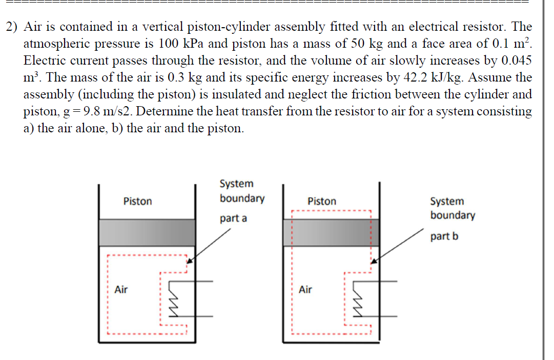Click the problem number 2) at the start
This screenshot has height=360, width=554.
point(13,26)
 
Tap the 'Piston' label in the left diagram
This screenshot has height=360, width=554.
point(137,202)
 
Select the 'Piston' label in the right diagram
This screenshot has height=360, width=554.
point(322,202)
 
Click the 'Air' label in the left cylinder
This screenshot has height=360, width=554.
point(121,290)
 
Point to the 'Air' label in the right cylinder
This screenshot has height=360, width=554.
point(305,290)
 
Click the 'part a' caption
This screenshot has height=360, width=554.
point(233,218)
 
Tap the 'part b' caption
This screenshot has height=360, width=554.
point(444,236)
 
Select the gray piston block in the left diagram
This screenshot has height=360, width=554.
point(147,232)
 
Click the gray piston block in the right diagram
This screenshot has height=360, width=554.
point(331,232)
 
